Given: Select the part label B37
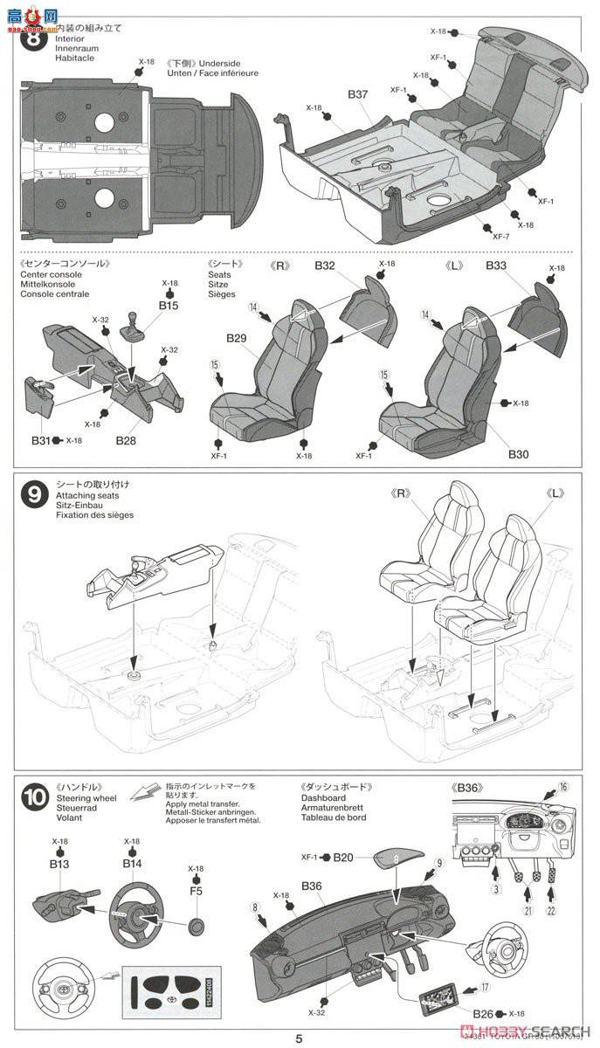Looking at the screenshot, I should point(359,93).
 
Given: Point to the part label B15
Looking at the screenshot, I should point(169,306).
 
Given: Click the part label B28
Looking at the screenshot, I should point(126,440).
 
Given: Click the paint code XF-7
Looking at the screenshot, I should point(500,237).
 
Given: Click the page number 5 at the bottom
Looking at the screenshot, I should point(299,1038).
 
